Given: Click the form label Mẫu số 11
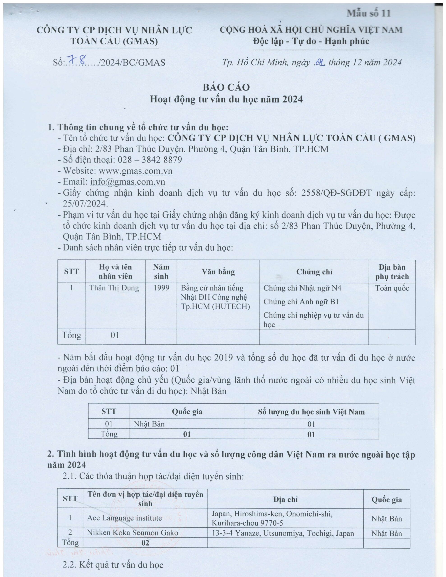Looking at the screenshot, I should tap(369, 13).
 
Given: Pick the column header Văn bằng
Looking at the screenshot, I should tap(218, 272).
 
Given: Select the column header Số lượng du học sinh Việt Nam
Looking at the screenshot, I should tap(311, 412).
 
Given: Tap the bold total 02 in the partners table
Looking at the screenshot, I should tap(145, 543).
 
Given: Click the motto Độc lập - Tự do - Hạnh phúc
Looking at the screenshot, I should tap(311, 41).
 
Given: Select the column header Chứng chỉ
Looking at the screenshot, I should tap(314, 272).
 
